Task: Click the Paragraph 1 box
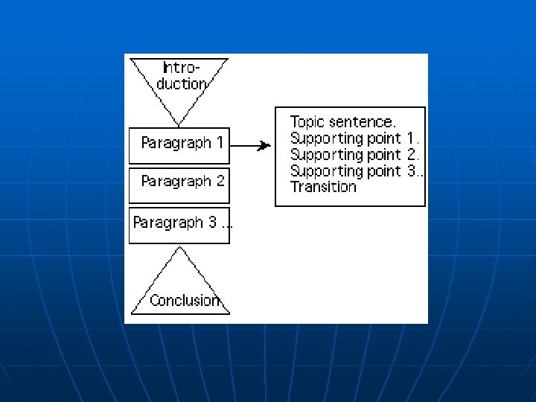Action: coord(179,145)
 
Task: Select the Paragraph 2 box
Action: coord(179,185)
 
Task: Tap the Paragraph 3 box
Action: coord(179,226)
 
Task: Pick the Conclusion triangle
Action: coord(179,287)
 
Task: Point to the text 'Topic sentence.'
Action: coord(343,121)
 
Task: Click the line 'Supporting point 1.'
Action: coord(355,138)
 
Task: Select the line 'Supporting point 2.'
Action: coord(355,154)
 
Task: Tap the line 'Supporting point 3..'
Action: coord(357,170)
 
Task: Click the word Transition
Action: coord(323,187)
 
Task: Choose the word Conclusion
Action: coord(185,301)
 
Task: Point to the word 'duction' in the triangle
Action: coord(181,83)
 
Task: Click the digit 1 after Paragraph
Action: coord(220,142)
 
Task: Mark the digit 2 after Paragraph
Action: coord(220,181)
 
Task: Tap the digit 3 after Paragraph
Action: coord(212,223)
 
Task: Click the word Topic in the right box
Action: coord(307,121)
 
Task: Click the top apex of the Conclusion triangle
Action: coord(179,249)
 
